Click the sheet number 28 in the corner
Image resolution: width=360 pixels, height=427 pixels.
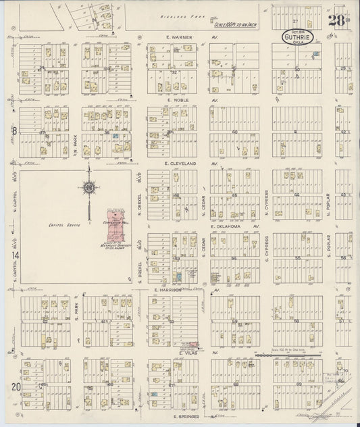337,20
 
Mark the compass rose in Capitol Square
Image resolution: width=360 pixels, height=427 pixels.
88,188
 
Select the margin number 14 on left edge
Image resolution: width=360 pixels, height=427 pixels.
14,255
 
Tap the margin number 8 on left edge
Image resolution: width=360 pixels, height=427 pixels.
14,131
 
